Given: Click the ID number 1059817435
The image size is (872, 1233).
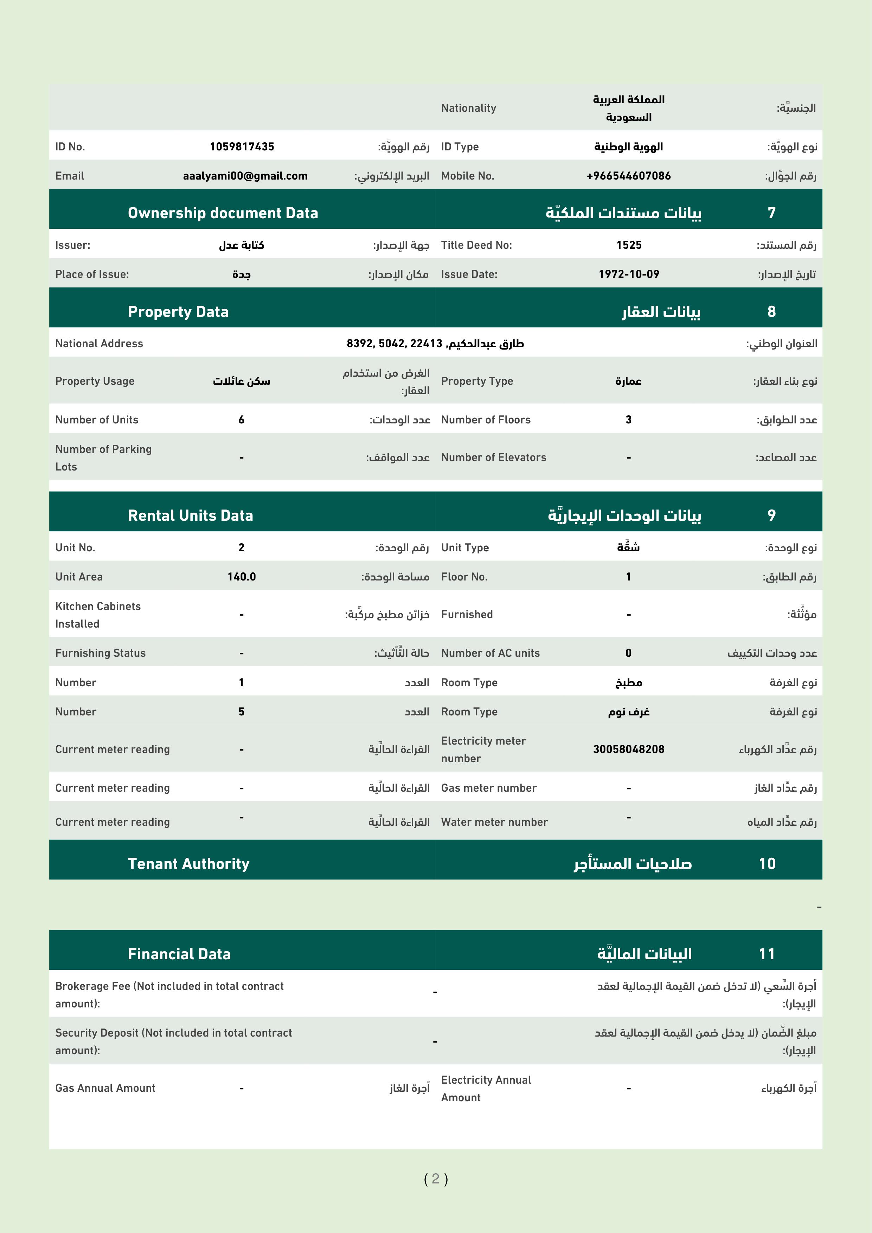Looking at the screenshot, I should point(242,147).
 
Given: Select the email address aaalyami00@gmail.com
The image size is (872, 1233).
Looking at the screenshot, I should point(245,176).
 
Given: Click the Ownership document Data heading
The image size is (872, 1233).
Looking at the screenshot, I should point(223,213).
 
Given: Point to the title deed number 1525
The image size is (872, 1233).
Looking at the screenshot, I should point(629,245).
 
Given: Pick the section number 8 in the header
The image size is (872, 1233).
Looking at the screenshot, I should point(771,311).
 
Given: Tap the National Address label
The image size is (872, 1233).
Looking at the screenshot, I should point(99,343).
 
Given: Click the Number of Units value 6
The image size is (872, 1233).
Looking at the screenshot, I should point(241,420).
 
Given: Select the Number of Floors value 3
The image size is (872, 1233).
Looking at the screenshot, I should point(628,420).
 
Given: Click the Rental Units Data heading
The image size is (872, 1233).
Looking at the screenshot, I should point(190,515).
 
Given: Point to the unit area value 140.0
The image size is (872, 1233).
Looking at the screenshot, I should point(241,577).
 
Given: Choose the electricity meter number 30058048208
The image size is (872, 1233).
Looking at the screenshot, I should point(629,749).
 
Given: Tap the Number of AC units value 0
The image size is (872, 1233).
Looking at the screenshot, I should point(628,653).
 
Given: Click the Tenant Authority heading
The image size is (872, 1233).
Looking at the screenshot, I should point(188,864).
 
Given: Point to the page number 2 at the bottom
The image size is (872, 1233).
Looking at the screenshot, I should point(435,1179).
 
